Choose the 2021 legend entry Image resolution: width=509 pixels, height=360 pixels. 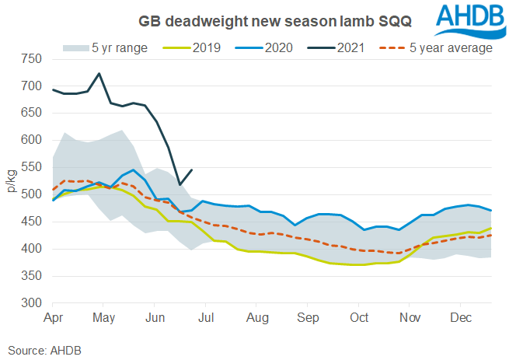coord(342,47)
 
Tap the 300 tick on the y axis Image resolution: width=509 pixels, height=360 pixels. coord(31,302)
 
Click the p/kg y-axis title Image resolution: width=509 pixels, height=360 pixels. coord(12,180)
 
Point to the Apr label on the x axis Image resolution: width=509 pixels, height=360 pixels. coord(54,317)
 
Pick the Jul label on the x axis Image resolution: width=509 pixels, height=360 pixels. coord(207,317)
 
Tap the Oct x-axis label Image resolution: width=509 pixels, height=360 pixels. coord(359,317)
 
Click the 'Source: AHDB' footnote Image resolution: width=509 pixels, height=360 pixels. coord(43,350)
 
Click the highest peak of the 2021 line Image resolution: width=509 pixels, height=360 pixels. coord(99,74)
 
